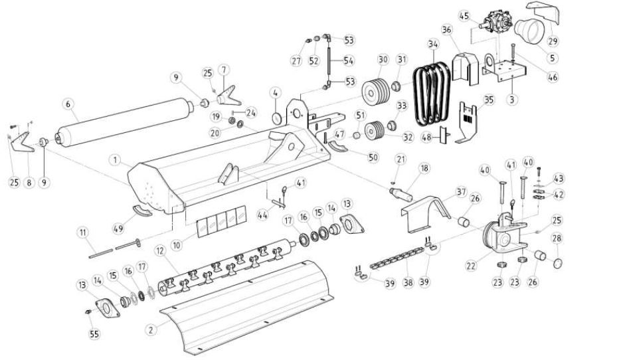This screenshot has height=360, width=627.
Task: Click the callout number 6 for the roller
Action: click(66, 104)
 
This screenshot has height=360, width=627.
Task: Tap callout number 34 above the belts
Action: click(433, 45)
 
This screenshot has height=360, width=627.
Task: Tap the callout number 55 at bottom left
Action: click(94, 334)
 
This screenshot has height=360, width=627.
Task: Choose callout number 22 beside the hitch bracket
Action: click(472, 265)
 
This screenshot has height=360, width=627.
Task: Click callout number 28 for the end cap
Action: click(557, 237)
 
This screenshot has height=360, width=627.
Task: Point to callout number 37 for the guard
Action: click(461, 191)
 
